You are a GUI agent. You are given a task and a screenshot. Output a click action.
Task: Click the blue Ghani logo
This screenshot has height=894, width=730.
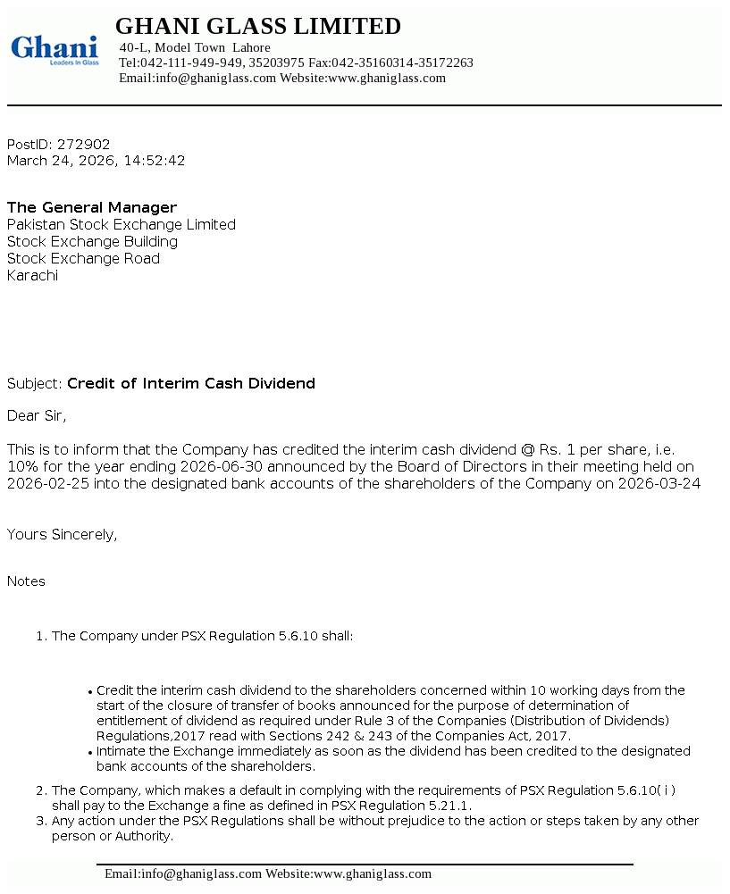point(54,50)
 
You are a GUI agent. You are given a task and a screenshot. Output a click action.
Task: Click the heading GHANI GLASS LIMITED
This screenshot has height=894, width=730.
point(258,27)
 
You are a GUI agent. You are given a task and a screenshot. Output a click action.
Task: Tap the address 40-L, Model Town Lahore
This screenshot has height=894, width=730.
point(195,47)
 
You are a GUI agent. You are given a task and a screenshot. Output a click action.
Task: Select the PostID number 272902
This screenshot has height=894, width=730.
point(84,144)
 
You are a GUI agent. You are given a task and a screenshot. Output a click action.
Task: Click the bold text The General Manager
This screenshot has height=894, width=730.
point(92,207)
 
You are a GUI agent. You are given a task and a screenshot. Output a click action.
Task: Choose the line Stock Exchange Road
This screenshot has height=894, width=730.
point(83,258)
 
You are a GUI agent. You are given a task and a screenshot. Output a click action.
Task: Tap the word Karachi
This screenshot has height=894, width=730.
point(32,275)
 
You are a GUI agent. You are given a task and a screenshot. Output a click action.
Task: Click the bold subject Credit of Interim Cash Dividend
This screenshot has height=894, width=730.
point(191,383)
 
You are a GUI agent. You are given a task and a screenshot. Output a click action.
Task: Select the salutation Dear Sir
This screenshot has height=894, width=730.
point(37,415)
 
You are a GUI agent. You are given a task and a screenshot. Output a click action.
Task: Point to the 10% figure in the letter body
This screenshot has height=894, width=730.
point(21,466)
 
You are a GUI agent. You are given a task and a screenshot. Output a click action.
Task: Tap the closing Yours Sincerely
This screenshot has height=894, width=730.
point(62,534)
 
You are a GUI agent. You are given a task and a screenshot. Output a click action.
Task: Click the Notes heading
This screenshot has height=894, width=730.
point(26,581)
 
